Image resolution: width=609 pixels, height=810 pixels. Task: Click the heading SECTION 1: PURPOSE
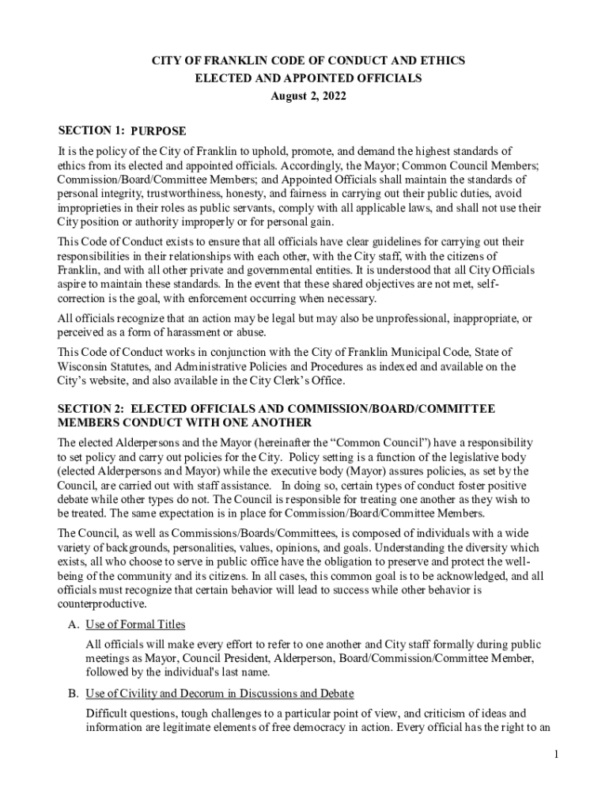(123, 131)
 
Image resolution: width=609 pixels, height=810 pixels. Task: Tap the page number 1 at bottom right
(557, 755)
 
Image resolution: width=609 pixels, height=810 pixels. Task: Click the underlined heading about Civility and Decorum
(219, 693)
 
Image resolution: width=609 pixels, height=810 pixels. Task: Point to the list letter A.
(73, 624)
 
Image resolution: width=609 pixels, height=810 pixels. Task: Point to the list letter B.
(73, 693)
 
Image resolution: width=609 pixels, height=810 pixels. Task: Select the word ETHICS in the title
(444, 61)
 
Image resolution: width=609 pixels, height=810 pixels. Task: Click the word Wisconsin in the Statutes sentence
(86, 366)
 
